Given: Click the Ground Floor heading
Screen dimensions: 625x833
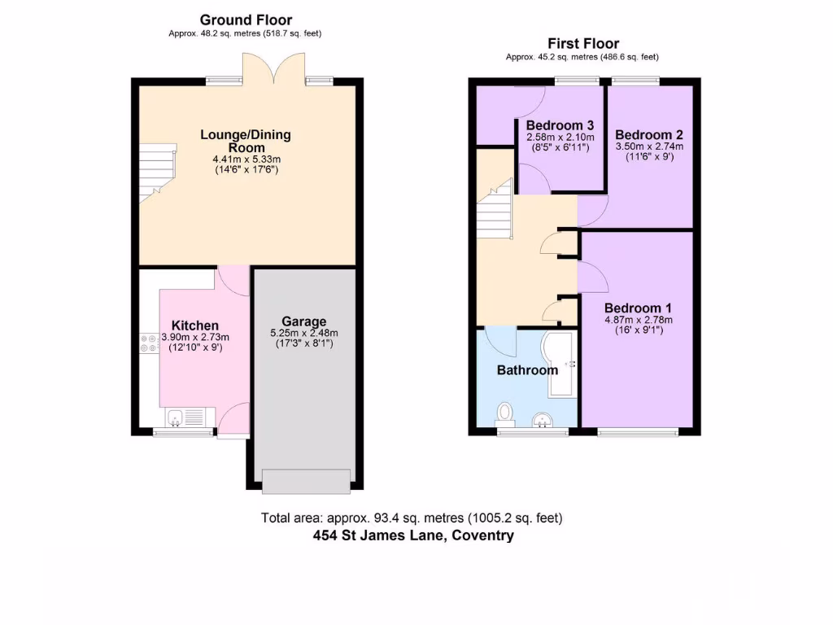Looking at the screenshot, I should tap(246, 20).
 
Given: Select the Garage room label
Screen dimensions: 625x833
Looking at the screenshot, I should tap(303, 321).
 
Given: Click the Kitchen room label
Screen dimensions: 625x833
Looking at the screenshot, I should tap(194, 326).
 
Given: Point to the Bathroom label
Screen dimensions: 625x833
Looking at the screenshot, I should tap(527, 369).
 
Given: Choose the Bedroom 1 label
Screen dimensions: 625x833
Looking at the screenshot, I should tap(638, 308).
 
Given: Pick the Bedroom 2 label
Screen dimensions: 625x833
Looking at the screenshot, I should tap(648, 135).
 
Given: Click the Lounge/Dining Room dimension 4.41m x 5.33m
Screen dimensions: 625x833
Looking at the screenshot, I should tap(246, 159).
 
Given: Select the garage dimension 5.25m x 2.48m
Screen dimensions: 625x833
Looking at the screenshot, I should tap(303, 332).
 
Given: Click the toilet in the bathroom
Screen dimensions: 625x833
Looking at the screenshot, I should tap(506, 413).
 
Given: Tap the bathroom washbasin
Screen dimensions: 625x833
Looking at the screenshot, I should tap(543, 420).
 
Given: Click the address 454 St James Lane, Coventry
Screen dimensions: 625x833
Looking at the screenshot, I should tap(413, 535).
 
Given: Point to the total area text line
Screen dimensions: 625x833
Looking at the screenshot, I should tap(412, 518).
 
